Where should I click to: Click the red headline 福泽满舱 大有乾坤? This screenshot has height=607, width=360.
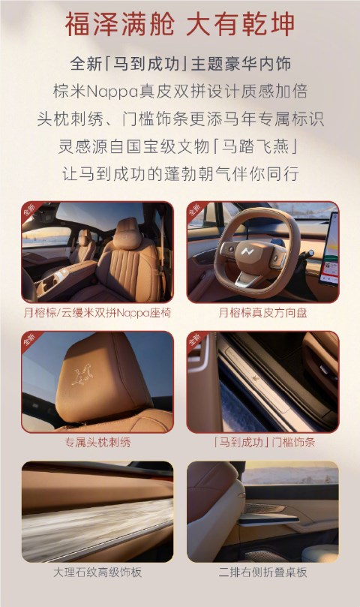[x=180, y=24]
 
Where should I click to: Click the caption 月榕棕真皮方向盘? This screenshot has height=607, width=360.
[x=262, y=312]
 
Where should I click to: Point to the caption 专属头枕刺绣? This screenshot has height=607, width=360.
[x=97, y=443]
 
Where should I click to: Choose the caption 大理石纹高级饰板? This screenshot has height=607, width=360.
[x=97, y=572]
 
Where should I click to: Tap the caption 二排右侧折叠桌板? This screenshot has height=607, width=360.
[x=262, y=572]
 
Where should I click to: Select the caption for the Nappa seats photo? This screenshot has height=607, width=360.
[x=97, y=312]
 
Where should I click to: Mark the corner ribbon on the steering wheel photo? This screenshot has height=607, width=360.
[x=196, y=211]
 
